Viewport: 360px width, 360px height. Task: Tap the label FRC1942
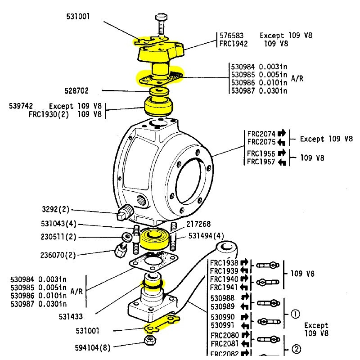pos(234,44)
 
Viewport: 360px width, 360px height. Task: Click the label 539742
pos(22,106)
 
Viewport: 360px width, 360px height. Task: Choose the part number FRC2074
pos(261,134)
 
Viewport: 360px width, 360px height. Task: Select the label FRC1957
pos(261,162)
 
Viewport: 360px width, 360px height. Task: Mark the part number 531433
pos(71,316)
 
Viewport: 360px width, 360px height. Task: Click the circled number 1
pos(295,315)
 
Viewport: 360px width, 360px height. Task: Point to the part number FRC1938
pos(224,263)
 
